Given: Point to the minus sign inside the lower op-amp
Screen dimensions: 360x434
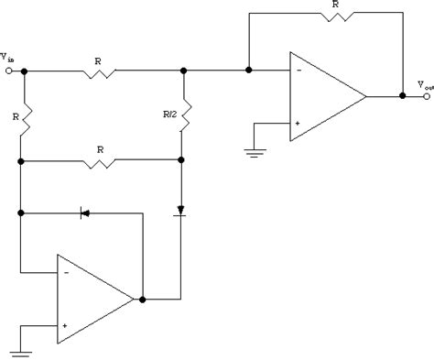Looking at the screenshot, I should pyautogui.click(x=67, y=273).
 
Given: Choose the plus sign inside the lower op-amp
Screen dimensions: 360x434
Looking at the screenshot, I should pyautogui.click(x=67, y=323).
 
